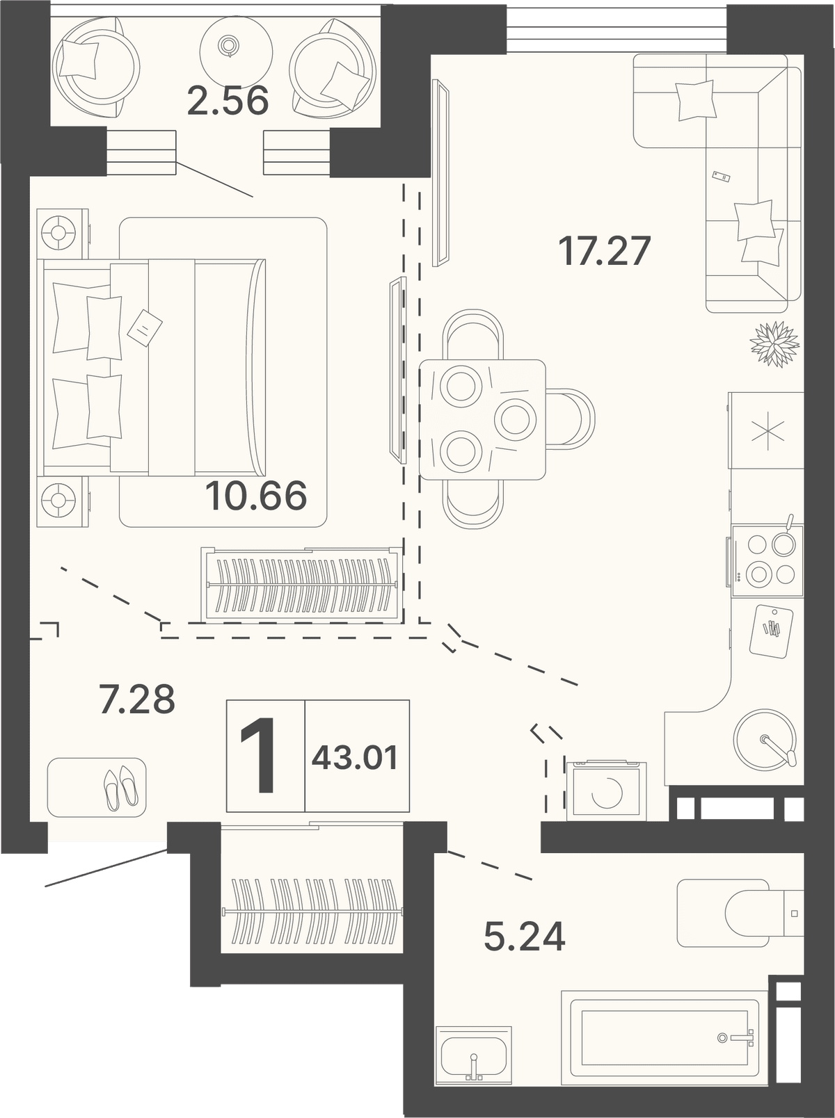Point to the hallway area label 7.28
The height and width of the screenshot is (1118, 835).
pyautogui.click(x=137, y=699)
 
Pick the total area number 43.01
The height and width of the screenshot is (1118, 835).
pyautogui.click(x=355, y=759)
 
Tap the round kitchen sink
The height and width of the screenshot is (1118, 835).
pyautogui.click(x=764, y=739)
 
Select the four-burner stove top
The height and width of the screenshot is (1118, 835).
pyautogui.click(x=768, y=561)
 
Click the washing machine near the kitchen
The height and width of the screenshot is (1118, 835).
pyautogui.click(x=607, y=791)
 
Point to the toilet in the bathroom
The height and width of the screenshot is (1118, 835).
pyautogui.click(x=740, y=914)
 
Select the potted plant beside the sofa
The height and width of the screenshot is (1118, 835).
pyautogui.click(x=774, y=343)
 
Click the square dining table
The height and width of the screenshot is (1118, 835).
pyautogui.click(x=482, y=419)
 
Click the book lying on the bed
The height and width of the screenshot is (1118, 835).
pyautogui.click(x=144, y=327)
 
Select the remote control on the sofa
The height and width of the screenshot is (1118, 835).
pyautogui.click(x=721, y=175)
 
